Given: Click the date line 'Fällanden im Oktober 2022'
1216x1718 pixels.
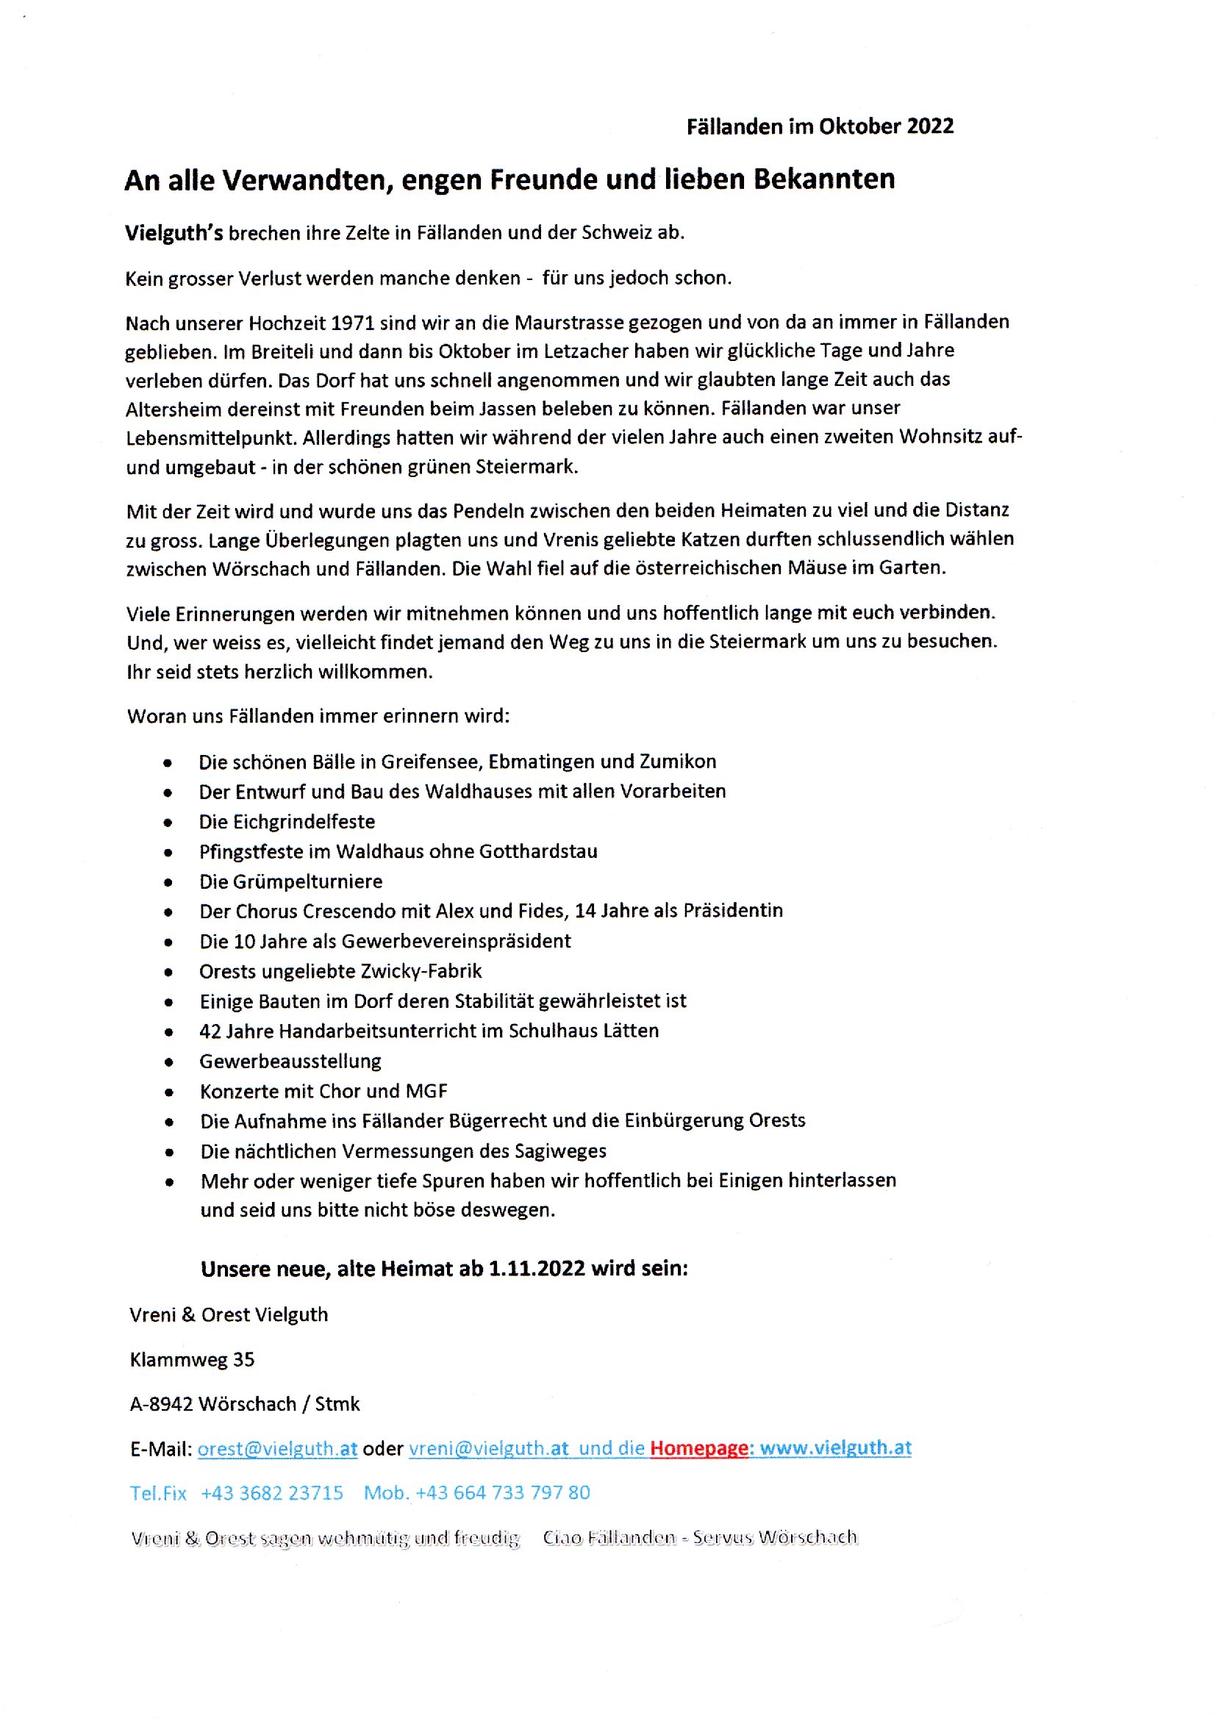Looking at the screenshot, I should pos(820,126).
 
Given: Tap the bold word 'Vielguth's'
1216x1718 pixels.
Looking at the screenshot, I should pos(174,233).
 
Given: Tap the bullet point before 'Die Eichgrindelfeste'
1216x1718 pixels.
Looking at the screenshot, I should pos(168,823).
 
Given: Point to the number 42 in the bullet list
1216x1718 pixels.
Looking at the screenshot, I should pos(210,1031).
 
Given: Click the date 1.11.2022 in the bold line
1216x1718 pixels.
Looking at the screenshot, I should pos(536,1268).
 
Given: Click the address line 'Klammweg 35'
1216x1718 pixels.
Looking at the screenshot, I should pos(193,1359).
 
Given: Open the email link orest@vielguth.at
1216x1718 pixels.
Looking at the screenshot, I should pos(277,1448).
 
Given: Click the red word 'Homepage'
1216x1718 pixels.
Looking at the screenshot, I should pos(698,1447).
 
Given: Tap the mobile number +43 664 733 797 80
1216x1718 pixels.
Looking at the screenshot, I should pos(502,1492).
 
